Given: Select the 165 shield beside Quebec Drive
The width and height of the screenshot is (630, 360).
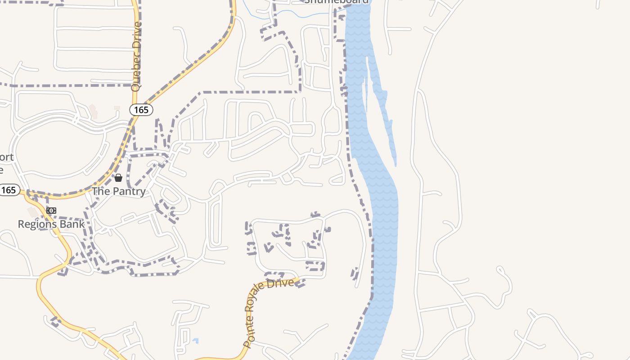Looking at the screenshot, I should [141, 109].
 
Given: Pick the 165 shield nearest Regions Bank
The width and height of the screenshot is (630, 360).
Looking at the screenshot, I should [9, 190].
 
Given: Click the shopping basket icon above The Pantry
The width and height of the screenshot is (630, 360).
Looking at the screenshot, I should [118, 178].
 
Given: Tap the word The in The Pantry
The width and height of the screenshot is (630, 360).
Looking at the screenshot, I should [100, 191].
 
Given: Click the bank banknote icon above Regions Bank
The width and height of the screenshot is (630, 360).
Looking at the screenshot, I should [51, 211].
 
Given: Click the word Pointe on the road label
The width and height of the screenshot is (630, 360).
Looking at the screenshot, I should [248, 333].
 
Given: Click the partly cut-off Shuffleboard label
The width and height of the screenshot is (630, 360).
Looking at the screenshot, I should [337, 1].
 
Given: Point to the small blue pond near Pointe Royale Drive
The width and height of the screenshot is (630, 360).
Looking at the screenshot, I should [195, 341].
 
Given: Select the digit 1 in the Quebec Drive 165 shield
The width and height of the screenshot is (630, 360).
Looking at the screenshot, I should [136, 109].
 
